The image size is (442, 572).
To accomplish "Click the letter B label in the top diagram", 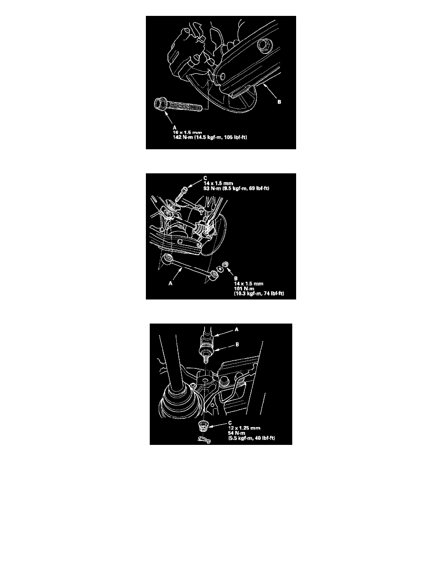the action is coord(279,102).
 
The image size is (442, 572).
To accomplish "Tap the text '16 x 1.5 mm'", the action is coord(187,132).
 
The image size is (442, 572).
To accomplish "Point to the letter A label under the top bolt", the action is coord(175,128).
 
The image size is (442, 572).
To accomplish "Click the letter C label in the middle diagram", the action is coord(205,178).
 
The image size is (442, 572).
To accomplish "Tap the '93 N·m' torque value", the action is coord(213,188).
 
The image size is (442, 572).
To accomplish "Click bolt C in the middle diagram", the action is coord(181,193).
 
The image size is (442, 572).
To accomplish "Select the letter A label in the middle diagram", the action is coord(170,283).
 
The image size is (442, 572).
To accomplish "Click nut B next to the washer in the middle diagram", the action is coord(226,265).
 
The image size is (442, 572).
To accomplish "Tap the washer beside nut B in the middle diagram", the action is coord(219,269).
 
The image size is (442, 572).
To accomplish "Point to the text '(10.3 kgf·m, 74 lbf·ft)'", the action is coord(259,293).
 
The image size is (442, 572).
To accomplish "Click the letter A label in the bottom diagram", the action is coord(236,329).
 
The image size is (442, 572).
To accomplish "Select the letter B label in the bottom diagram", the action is coord(237,344).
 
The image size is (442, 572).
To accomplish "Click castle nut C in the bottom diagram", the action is coord(203,426).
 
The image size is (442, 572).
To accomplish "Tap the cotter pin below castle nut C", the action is coord(204,440).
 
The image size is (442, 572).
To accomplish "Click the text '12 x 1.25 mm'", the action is coord(244,428).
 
